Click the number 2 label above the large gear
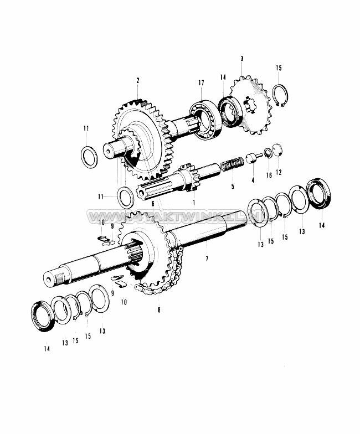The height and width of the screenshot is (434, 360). tap(137, 80)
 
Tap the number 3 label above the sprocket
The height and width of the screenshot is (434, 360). tap(241, 58)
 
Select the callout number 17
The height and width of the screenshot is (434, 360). tap(201, 82)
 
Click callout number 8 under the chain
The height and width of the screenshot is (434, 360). tap(159, 310)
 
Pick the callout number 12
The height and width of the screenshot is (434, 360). tap(279, 172)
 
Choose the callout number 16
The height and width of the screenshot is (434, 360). tap(269, 175)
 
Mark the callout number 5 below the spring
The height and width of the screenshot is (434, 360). tap(233, 186)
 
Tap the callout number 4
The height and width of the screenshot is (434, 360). tap(252, 180)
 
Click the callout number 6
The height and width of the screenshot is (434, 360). tap(152, 203)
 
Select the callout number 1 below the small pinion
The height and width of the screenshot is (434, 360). tap(194, 203)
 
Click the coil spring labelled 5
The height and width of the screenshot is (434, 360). tap(230, 164)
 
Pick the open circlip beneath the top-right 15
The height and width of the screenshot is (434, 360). tap(282, 96)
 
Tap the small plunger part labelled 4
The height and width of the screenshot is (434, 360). tap(253, 158)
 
